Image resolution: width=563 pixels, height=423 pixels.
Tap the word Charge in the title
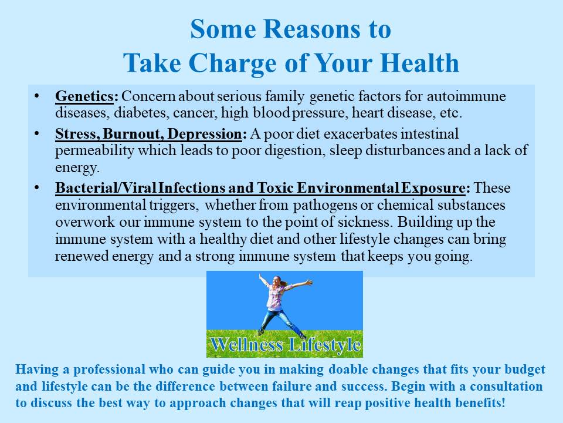coord(232,63)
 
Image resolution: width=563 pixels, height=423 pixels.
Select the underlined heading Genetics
coord(84,96)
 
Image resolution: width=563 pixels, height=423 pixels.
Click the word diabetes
coord(140,113)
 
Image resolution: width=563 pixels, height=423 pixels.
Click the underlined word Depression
coord(205,134)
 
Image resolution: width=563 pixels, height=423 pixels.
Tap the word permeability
coord(94,151)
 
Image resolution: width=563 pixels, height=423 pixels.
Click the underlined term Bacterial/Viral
coord(106,188)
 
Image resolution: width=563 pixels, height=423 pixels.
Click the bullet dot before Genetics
coord(36,96)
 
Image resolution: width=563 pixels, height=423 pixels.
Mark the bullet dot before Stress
coord(36,133)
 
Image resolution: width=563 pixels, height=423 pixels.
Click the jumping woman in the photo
coord(279,304)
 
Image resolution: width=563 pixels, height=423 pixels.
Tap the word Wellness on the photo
coord(247,345)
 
